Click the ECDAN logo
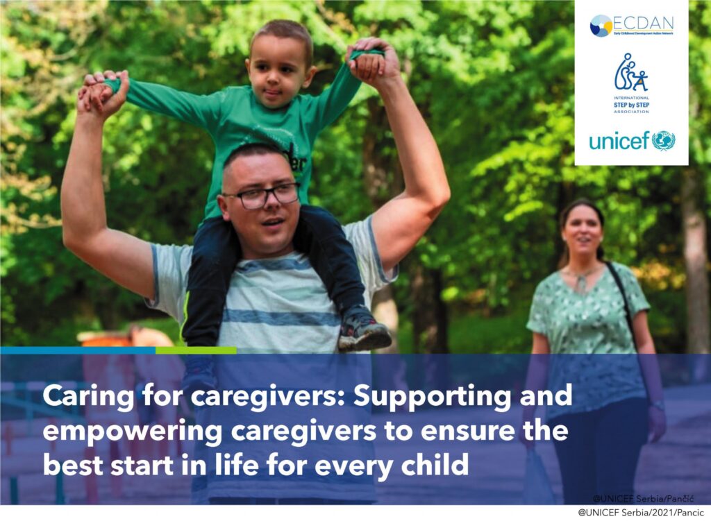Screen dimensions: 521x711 point(631,26)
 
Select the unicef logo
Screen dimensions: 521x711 point(631,141)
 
